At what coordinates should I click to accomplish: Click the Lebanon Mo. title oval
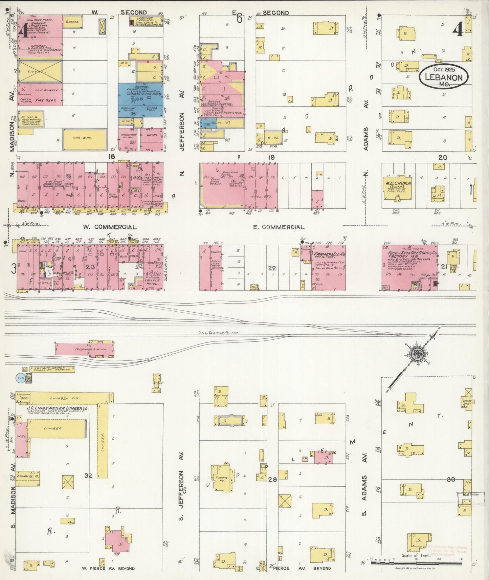(444, 77)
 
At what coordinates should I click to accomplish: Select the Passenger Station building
(85, 349)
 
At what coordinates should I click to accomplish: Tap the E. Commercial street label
(279, 227)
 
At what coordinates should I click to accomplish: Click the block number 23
(90, 267)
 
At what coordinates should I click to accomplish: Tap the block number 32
(88, 475)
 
